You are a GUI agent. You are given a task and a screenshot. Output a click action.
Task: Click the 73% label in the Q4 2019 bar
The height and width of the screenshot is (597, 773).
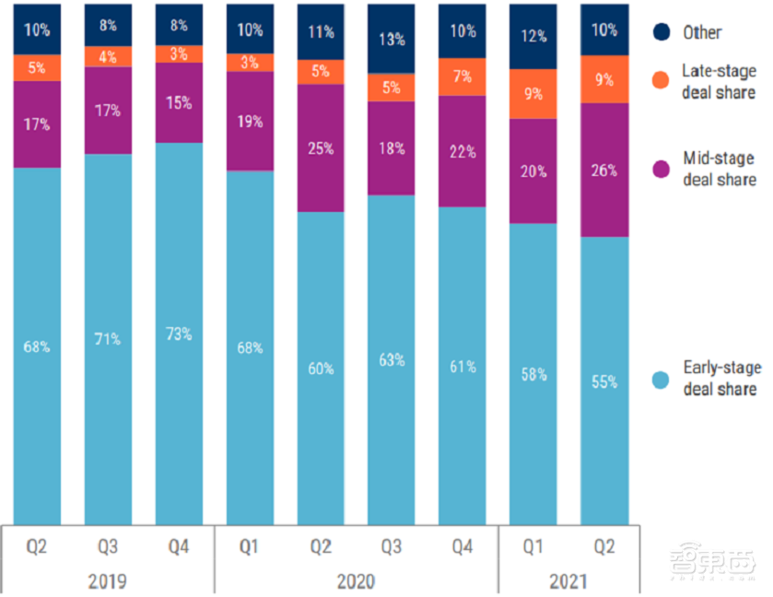(179, 334)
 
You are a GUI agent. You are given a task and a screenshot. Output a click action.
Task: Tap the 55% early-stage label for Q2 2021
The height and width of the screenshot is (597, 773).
(604, 380)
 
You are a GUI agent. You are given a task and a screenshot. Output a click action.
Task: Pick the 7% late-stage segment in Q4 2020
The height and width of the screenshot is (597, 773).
(463, 76)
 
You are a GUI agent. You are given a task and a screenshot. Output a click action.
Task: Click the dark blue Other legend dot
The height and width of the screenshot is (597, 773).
(661, 32)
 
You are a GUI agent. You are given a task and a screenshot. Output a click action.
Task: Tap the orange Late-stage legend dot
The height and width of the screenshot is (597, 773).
(661, 80)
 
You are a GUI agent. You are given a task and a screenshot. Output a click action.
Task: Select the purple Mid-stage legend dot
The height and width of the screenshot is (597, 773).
(661, 168)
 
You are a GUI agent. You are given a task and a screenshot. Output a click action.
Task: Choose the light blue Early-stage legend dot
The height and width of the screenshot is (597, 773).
(661, 378)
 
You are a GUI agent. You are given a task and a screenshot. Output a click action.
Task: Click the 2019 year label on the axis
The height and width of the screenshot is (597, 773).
(108, 580)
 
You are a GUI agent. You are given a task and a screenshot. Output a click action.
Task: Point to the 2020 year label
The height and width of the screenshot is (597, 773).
(357, 580)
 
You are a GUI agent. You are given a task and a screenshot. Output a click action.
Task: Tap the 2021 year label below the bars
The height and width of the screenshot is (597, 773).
(568, 580)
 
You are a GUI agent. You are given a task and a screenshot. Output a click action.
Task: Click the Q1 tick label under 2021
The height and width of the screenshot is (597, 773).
(533, 546)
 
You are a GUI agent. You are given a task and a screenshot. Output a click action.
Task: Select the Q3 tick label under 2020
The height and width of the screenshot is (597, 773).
(392, 546)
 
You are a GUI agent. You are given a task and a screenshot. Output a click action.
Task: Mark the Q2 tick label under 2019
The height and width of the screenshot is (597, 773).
(37, 546)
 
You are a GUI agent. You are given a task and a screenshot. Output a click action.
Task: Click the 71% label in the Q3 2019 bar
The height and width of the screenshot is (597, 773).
(108, 339)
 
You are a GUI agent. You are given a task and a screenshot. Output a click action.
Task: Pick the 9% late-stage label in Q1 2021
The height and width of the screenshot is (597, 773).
(533, 93)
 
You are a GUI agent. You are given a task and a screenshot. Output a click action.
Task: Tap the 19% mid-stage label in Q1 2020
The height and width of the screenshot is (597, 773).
(250, 121)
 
